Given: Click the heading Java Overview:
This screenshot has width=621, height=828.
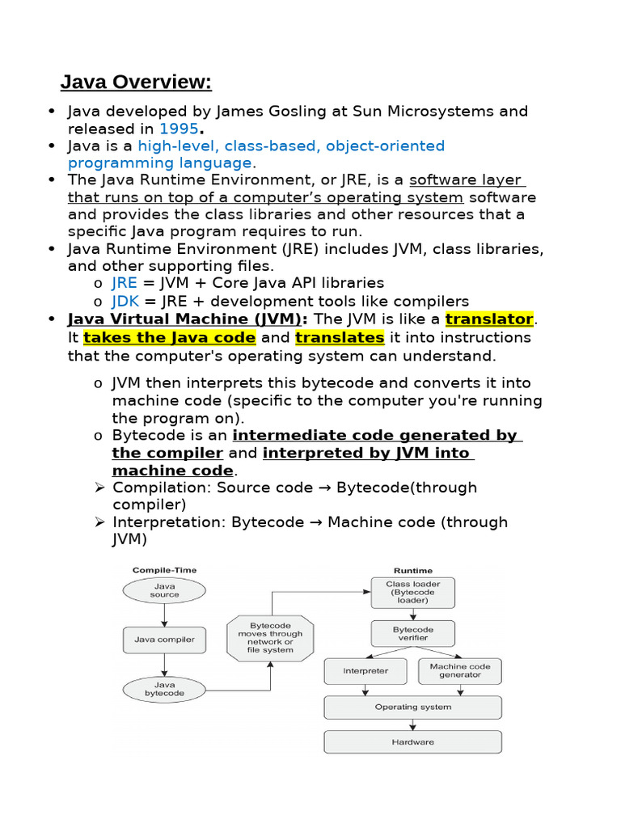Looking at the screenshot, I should click(x=136, y=82).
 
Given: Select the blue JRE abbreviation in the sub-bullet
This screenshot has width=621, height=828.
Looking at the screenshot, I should click(x=125, y=283).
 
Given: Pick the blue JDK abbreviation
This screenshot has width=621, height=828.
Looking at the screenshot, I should click(x=125, y=301).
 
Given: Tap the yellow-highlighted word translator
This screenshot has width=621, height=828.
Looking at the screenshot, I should click(x=489, y=319).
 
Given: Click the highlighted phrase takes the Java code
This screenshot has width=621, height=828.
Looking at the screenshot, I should click(x=170, y=337).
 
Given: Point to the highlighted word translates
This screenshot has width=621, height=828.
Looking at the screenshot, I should click(x=340, y=337).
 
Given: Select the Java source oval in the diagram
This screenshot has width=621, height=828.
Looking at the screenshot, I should click(x=164, y=590).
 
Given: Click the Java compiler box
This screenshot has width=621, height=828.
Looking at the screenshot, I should click(x=164, y=640).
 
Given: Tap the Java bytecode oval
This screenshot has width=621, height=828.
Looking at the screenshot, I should click(x=164, y=689).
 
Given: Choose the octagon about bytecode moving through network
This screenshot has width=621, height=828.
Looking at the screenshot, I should click(x=271, y=638).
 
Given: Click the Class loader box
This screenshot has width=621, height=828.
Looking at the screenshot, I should click(x=412, y=592).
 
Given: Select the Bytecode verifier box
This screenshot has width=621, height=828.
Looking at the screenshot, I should click(x=412, y=633).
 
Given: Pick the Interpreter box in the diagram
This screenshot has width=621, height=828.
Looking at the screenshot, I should click(x=365, y=671).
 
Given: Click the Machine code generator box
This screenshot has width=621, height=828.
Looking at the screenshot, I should click(x=460, y=671).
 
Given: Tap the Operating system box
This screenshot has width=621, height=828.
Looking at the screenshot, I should click(x=412, y=707).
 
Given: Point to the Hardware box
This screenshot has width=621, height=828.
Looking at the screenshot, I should click(x=412, y=741).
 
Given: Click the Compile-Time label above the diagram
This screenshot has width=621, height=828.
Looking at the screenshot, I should click(x=164, y=571).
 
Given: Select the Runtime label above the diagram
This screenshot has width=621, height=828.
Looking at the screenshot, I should click(x=412, y=571).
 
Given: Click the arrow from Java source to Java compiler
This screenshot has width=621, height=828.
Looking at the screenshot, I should click(x=164, y=615).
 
